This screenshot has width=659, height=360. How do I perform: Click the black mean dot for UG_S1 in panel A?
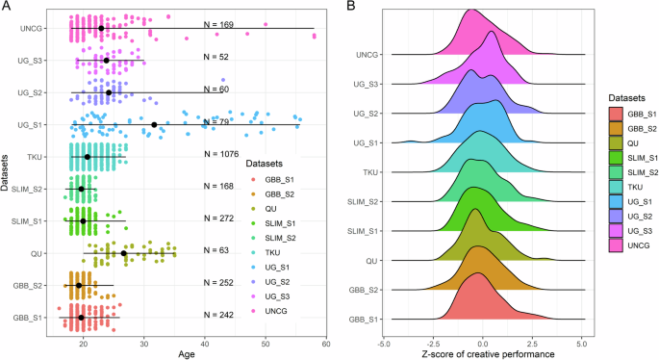pos(154,124)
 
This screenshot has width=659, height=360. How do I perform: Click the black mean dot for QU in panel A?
pos(124,253)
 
